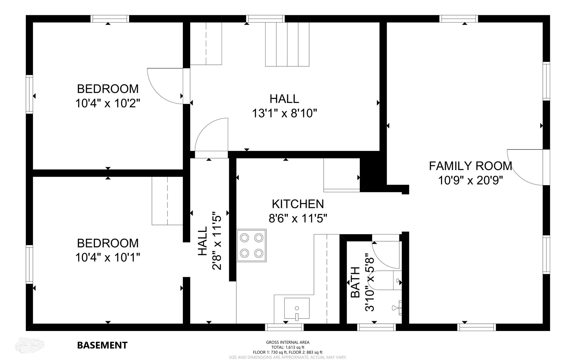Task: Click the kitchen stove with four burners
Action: (251, 246)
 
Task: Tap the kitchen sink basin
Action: (297, 308)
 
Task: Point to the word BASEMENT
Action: (102, 345)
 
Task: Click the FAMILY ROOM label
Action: (471, 166)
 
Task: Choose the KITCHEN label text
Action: (298, 204)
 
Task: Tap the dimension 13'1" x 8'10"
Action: (285, 113)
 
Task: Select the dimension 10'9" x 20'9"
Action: (471, 180)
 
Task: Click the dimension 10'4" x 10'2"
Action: (108, 103)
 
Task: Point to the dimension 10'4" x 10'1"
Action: (108, 257)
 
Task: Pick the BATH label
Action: (355, 282)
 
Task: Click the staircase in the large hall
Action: (287, 44)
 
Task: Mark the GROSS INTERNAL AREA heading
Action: (288, 342)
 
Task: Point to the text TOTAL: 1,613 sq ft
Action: (288, 347)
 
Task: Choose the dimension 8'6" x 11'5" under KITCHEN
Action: (298, 218)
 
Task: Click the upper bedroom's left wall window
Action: (29, 94)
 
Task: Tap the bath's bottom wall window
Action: (376, 327)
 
